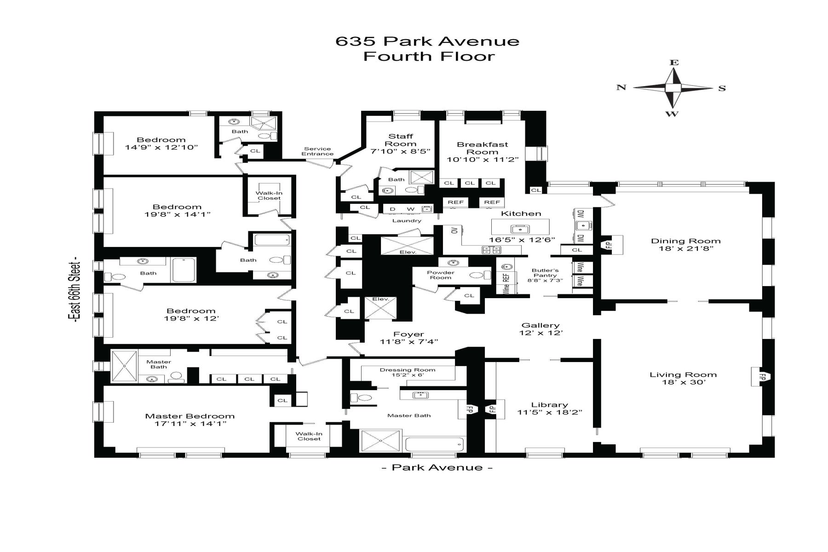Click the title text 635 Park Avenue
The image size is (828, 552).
coord(427,41)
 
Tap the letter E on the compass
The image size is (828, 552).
coord(674,63)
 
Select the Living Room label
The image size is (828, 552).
coord(683,374)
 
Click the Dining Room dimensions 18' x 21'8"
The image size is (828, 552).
coord(685,248)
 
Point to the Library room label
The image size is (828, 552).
coord(550,405)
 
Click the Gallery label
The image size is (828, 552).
coord(540,325)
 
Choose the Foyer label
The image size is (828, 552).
coord(408,334)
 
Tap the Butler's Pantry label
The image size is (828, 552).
coord(545,273)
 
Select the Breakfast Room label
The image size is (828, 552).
coord(483,148)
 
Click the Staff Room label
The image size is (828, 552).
coord(401,140)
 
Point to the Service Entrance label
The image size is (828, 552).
coord(317,151)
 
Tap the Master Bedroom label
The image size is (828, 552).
coord(190,416)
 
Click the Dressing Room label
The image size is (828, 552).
coord(408,370)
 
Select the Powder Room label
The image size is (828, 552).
coord(441,275)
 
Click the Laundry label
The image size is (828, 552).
coord(407,221)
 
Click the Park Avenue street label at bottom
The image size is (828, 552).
coord(437,467)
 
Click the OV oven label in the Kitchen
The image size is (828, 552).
coord(454,230)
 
